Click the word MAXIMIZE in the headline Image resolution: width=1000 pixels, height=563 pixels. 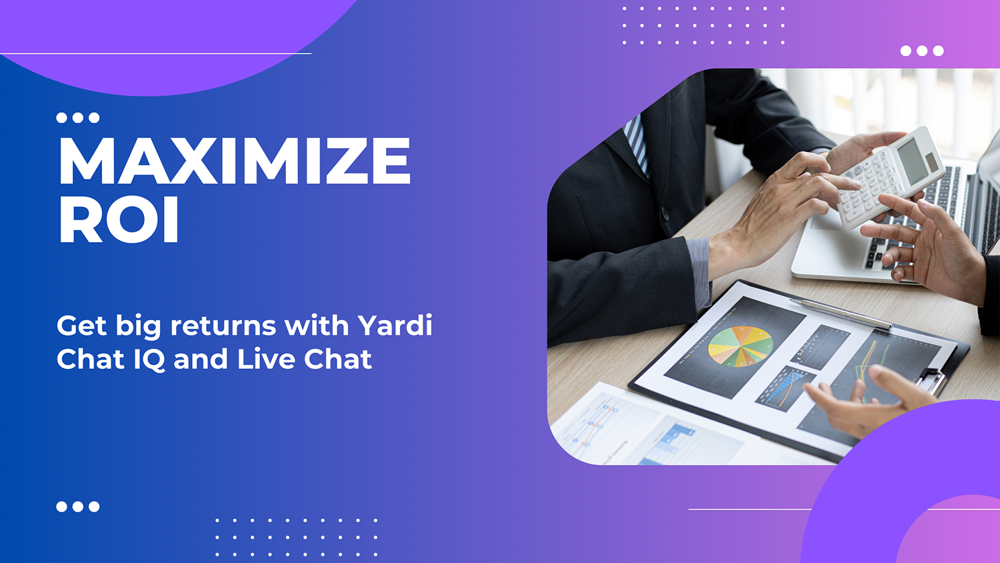(234, 161)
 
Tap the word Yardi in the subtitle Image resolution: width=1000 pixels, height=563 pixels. (395, 326)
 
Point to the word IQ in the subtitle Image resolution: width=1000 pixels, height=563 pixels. (149, 360)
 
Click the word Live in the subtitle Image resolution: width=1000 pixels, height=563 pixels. (266, 359)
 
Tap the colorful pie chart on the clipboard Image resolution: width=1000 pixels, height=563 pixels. (740, 346)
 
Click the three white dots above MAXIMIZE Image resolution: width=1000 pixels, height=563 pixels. (78, 118)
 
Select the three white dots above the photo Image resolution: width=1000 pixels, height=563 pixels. (922, 51)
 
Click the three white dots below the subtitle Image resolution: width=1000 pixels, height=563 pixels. (78, 506)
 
